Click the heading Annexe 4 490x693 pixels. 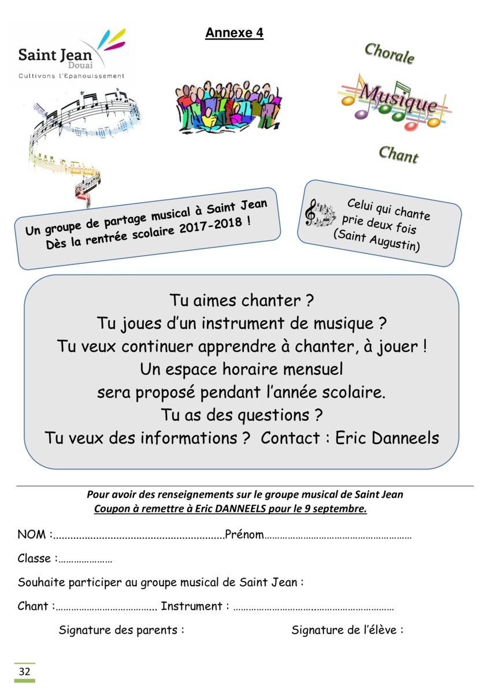tap(234, 33)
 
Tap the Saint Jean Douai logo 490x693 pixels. tap(69, 55)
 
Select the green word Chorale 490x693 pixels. tap(389, 54)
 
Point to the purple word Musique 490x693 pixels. tap(398, 98)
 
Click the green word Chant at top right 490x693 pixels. tap(398, 154)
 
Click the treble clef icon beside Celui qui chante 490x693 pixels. tap(311, 213)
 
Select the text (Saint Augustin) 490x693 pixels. tap(376, 240)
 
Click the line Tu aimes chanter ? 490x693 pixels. tap(241, 301)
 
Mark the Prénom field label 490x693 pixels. tap(244, 535)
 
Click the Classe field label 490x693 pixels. tap(37, 558)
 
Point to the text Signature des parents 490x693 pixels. tap(121, 630)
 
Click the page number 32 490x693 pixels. tap(25, 672)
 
